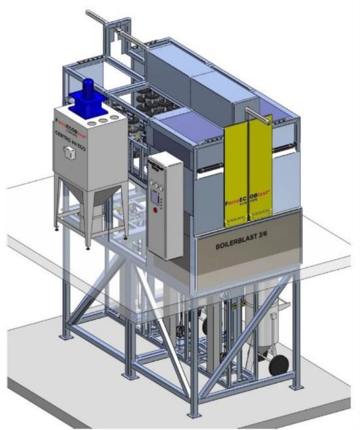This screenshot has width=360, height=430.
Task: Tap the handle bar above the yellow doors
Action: tap(260, 112)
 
